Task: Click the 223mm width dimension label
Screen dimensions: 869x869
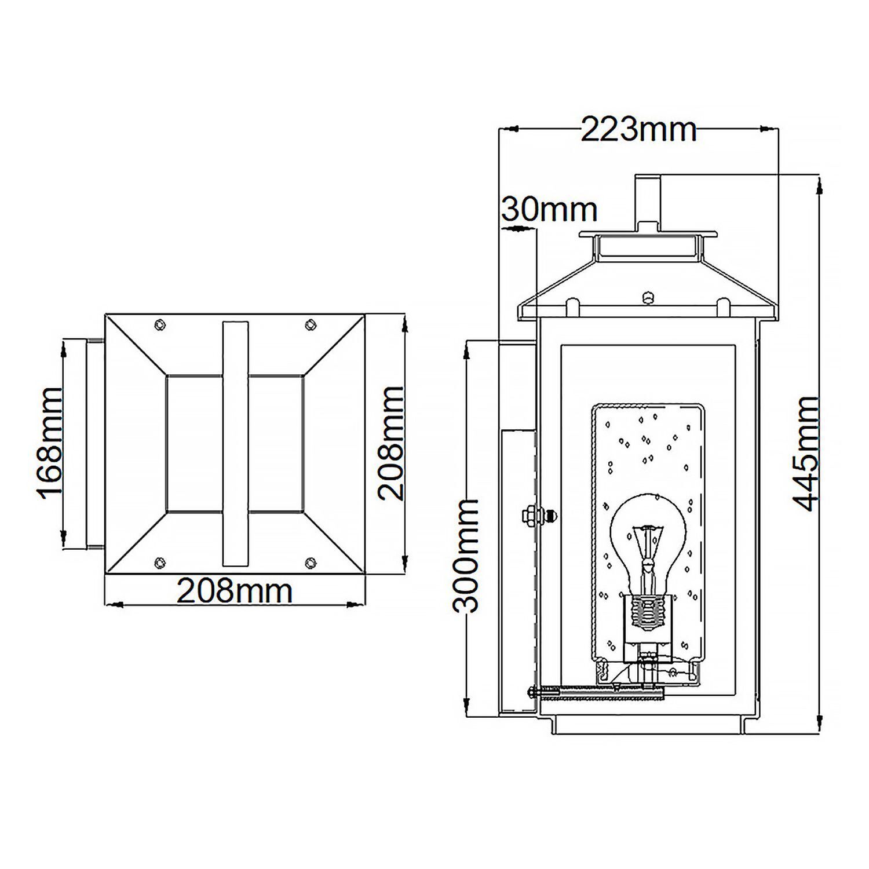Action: point(638,130)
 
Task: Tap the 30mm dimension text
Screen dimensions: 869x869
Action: point(549,209)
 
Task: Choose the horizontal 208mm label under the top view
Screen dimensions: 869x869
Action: point(235,591)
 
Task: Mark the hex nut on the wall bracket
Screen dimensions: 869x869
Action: point(529,515)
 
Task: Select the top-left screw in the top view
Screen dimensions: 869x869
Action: point(160,325)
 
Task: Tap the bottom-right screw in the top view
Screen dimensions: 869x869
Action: point(311,561)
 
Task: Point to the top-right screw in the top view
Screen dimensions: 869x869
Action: point(311,324)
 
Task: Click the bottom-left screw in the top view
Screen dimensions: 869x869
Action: point(159,561)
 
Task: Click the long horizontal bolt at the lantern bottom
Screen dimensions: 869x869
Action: point(597,691)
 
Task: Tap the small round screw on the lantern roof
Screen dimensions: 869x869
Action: point(648,298)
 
